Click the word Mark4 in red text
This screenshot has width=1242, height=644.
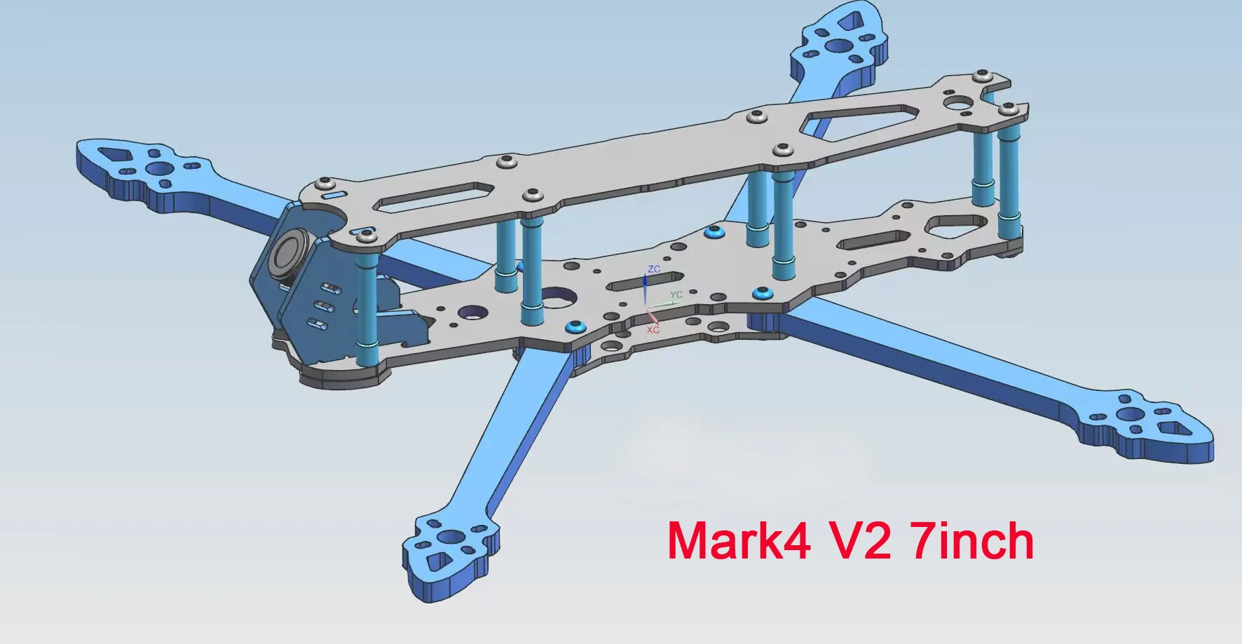coord(739,541)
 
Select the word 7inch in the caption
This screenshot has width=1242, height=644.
coord(973,541)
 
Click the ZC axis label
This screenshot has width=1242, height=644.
coord(654,270)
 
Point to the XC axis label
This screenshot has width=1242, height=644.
coord(653,330)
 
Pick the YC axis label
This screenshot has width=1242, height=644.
coord(676,295)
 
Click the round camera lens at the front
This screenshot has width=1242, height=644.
coord(287,252)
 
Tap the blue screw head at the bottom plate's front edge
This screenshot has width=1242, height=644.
coord(575,326)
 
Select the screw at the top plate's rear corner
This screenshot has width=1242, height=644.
coord(1009,109)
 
